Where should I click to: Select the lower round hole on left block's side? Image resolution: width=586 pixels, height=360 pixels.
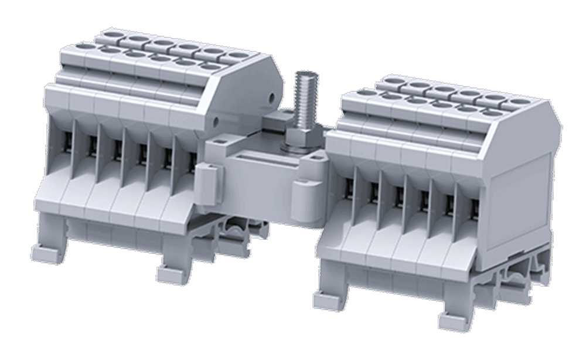(x=216, y=121)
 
